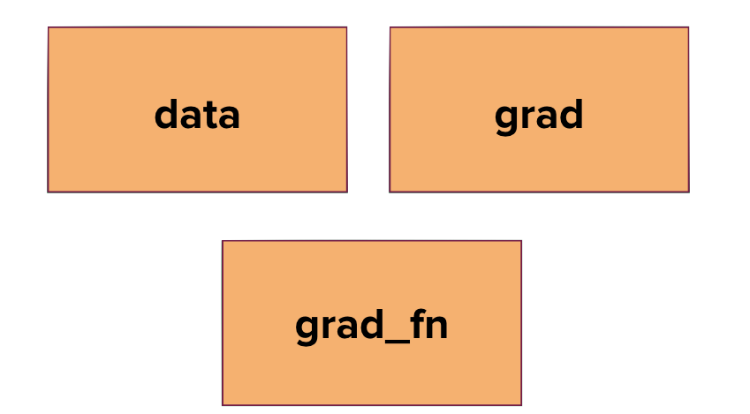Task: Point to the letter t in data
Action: tap(208, 115)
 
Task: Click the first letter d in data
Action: tap(165, 115)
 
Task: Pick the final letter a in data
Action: tap(229, 117)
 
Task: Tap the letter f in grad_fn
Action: tap(417, 324)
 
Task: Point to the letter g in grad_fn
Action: tap(307, 329)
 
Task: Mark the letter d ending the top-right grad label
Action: tap(571, 115)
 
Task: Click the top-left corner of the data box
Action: tap(49, 27)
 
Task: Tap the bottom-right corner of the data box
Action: tap(346, 191)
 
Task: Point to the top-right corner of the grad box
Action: tap(688, 27)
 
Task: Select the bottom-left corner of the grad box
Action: tap(390, 191)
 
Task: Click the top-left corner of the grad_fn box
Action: tap(223, 241)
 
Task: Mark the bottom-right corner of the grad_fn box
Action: tap(521, 404)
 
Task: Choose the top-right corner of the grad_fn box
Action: tap(521, 241)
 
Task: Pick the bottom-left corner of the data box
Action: tap(49, 191)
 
